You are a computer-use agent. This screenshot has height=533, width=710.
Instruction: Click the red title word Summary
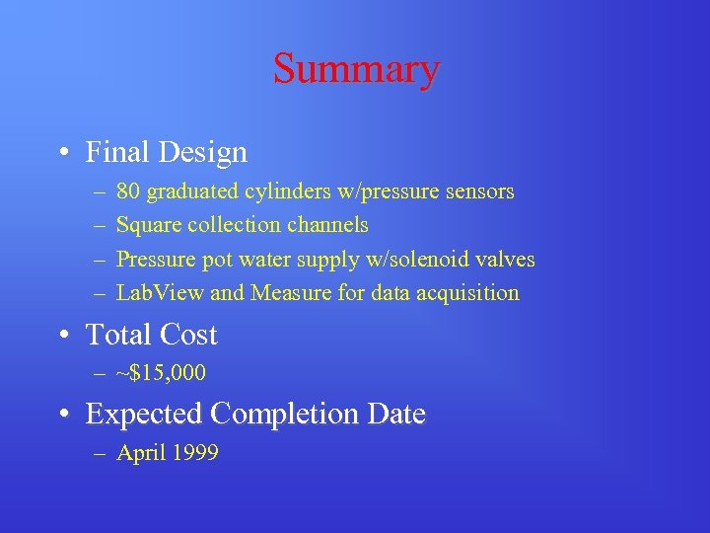pyautogui.click(x=356, y=69)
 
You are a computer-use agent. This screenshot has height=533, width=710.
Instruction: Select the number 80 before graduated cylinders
pyautogui.click(x=127, y=191)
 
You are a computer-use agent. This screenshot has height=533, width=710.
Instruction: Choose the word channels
pyautogui.click(x=327, y=225)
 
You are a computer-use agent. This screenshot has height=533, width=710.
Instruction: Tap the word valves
pyautogui.click(x=503, y=259)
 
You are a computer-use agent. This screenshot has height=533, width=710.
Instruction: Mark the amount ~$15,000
pyautogui.click(x=161, y=374)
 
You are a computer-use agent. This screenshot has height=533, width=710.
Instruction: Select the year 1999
pyautogui.click(x=194, y=453)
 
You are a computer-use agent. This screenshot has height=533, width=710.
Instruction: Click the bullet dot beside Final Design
pyautogui.click(x=62, y=153)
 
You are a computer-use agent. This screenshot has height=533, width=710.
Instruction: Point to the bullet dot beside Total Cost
pyautogui.click(x=62, y=336)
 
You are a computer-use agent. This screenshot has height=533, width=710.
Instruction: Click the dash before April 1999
pyautogui.click(x=102, y=453)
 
